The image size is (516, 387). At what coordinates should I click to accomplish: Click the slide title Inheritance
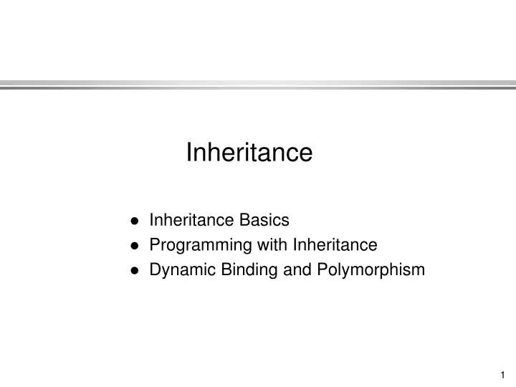249,153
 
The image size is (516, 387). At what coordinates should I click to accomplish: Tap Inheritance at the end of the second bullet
335,245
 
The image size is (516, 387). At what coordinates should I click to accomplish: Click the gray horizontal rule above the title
258,85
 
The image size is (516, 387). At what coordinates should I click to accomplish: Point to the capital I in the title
189,153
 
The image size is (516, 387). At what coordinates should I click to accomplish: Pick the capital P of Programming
154,245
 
